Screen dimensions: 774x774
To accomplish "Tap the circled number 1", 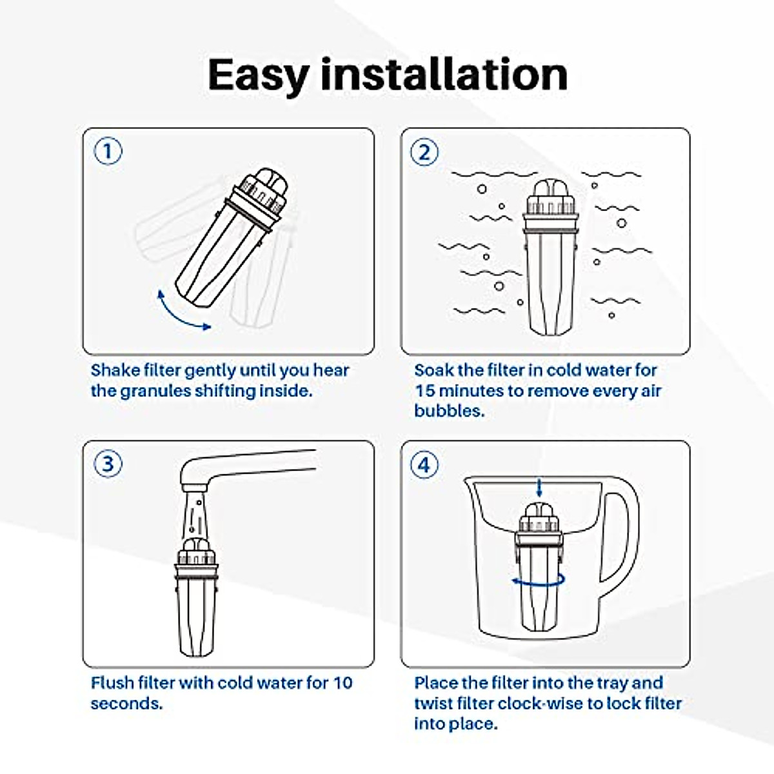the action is click(108, 152).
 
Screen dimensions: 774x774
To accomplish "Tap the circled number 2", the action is click(424, 152).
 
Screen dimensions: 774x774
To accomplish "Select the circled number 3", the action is click(108, 464).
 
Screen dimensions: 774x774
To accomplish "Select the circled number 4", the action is click(424, 464).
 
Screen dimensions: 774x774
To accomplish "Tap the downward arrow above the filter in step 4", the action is click(539, 487).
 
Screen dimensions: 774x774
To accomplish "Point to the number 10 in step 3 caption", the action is click(342, 683).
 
